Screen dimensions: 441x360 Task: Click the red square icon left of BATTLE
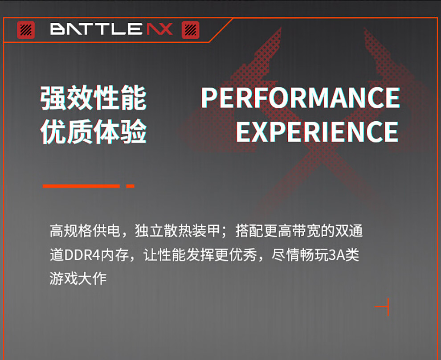pyautogui.click(x=26, y=30)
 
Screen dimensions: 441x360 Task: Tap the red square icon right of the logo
pyautogui.click(x=190, y=30)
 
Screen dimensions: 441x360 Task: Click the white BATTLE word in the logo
pyautogui.click(x=96, y=29)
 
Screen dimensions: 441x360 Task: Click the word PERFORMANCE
pyautogui.click(x=300, y=98)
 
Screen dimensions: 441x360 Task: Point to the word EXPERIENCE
pyautogui.click(x=317, y=131)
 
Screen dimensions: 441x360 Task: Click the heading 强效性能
pyautogui.click(x=94, y=98)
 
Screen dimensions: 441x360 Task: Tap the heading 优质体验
pyautogui.click(x=94, y=131)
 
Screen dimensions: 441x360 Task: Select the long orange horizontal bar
pyautogui.click(x=81, y=186)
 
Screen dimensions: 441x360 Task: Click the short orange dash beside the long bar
pyautogui.click(x=130, y=186)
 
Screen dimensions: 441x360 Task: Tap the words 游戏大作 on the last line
pyautogui.click(x=78, y=279)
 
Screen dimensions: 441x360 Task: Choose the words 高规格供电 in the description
pyautogui.click(x=85, y=231)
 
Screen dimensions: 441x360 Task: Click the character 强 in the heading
pyautogui.click(x=53, y=98)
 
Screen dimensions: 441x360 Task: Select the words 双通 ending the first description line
pyautogui.click(x=349, y=231)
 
